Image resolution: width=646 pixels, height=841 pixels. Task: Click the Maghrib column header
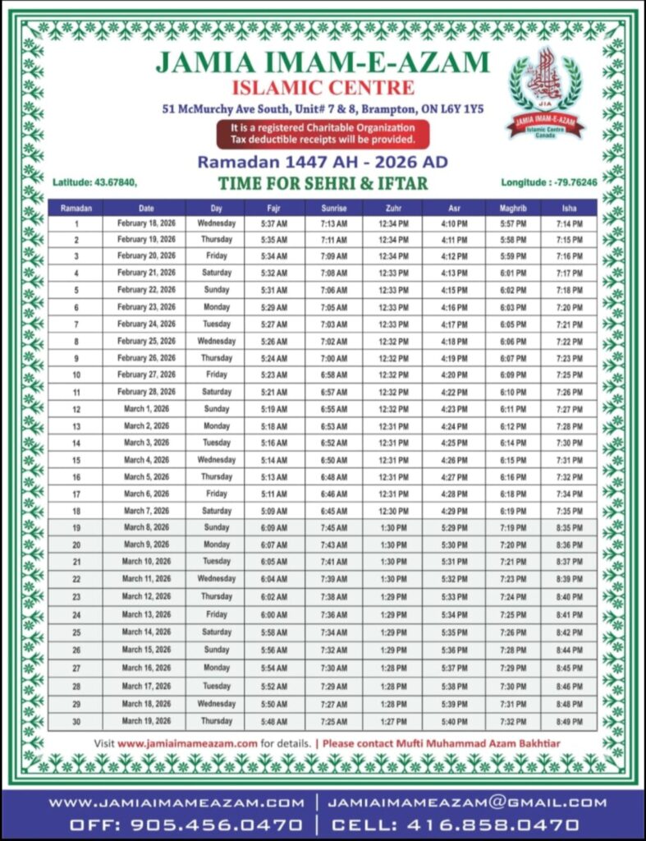(x=512, y=208)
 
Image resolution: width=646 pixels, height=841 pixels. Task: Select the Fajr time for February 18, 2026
(x=275, y=223)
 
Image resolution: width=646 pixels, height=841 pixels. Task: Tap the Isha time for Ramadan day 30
(x=570, y=721)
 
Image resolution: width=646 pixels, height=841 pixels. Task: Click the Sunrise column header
(x=333, y=208)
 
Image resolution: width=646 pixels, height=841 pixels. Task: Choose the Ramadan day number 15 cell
(x=76, y=460)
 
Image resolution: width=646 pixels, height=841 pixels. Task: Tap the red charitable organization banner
(x=323, y=134)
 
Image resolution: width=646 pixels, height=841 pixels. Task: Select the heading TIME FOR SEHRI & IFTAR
(x=323, y=182)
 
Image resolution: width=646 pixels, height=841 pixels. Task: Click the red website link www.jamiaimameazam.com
(x=188, y=742)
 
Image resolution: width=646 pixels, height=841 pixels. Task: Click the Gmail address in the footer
(x=467, y=802)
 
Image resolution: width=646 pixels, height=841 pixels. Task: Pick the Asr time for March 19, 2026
(x=454, y=721)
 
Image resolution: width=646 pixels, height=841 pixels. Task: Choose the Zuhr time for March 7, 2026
(x=393, y=511)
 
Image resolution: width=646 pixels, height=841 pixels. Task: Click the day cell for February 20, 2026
(x=217, y=256)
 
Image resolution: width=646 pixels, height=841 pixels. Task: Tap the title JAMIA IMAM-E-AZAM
(x=323, y=62)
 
